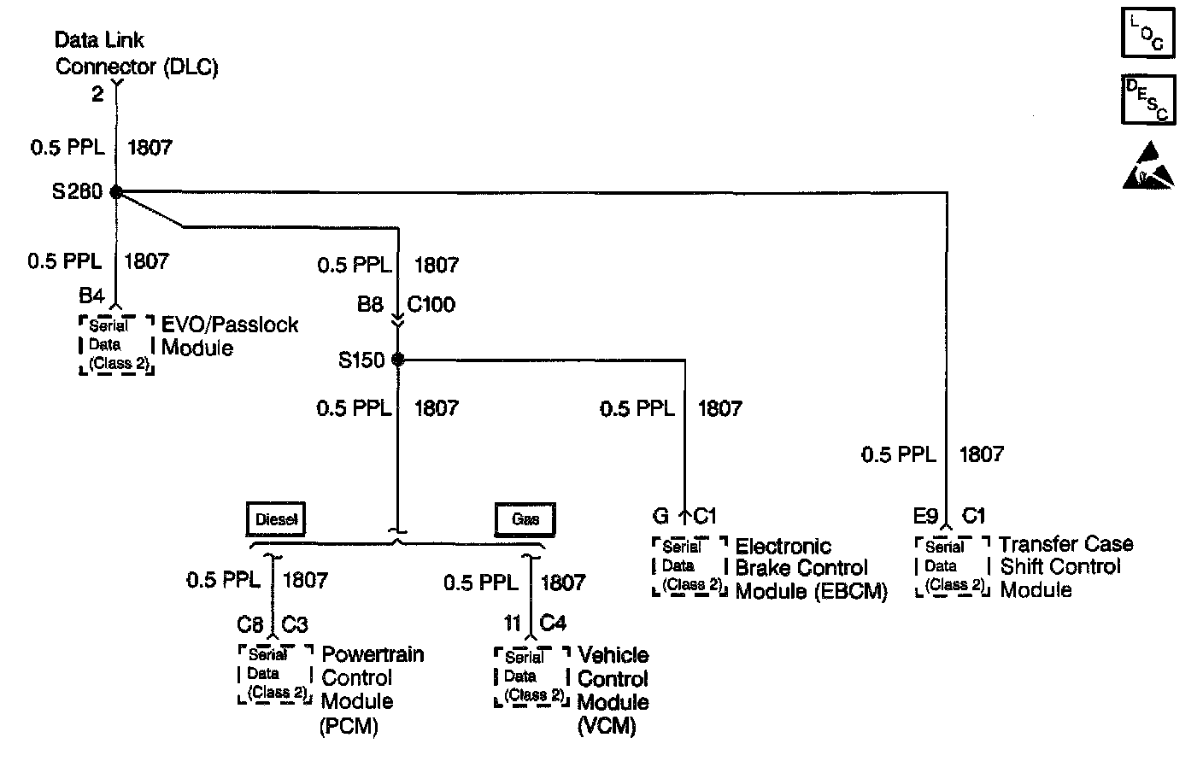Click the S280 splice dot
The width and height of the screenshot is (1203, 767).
pyautogui.click(x=116, y=192)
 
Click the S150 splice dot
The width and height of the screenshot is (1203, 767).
pyautogui.click(x=397, y=360)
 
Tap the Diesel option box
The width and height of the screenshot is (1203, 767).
pyautogui.click(x=276, y=519)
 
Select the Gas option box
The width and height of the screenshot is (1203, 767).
pyautogui.click(x=525, y=519)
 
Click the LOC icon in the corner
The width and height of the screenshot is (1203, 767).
pyautogui.click(x=1147, y=32)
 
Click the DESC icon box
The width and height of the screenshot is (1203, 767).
pyautogui.click(x=1147, y=100)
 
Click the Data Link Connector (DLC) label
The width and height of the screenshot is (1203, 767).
pyautogui.click(x=137, y=53)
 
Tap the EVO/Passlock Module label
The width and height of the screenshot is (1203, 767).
pyautogui.click(x=229, y=336)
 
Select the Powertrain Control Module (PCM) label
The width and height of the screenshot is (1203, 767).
pyautogui.click(x=372, y=689)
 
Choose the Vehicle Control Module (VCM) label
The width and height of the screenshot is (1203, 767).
pyautogui.click(x=613, y=690)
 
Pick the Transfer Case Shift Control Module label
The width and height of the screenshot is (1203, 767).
pyautogui.click(x=1065, y=566)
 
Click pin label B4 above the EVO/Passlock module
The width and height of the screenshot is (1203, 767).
pyautogui.click(x=91, y=296)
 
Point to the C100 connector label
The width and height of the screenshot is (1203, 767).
pyautogui.click(x=431, y=305)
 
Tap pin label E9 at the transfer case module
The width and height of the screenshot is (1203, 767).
pyautogui.click(x=925, y=516)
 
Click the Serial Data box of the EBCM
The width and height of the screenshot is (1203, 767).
pyautogui.click(x=690, y=566)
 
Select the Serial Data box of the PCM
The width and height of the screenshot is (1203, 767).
pyautogui.click(x=275, y=674)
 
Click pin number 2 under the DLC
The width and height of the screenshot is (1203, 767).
pyautogui.click(x=97, y=94)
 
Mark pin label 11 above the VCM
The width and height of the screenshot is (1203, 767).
pyautogui.click(x=512, y=624)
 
